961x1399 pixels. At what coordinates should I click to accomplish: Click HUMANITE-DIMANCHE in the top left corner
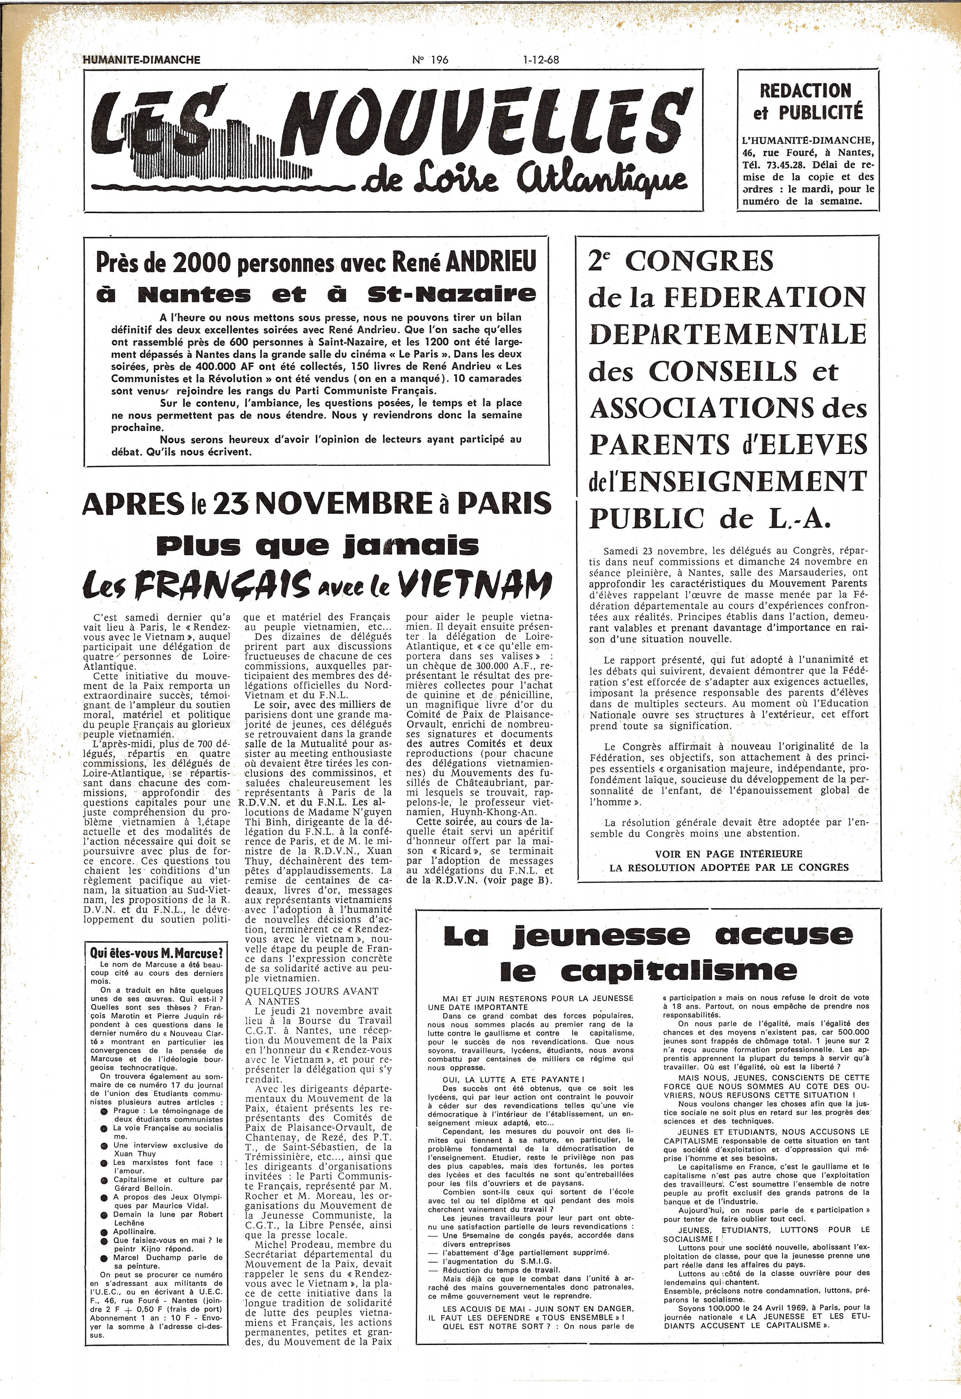141,60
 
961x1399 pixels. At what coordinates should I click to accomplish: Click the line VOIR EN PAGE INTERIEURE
729,854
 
